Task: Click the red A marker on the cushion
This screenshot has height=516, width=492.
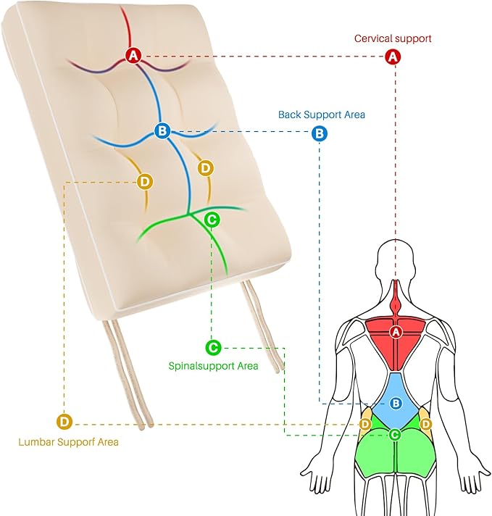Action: (x=133, y=54)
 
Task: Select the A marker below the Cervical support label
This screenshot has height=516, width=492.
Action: (x=393, y=56)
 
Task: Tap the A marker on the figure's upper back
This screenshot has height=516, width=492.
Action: (x=396, y=332)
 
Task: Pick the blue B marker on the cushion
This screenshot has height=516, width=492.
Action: (x=162, y=131)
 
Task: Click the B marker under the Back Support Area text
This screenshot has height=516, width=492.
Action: (x=319, y=133)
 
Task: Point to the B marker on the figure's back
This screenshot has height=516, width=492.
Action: (x=396, y=403)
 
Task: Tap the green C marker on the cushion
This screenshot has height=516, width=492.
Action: (x=212, y=218)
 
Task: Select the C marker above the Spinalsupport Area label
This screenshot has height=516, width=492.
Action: (x=212, y=348)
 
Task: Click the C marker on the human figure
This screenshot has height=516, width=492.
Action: (x=395, y=435)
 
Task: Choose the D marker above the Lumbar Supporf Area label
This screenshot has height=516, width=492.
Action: (x=64, y=421)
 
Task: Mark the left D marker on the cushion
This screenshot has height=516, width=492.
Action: (x=144, y=180)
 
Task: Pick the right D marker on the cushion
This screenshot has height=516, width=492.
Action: (x=206, y=169)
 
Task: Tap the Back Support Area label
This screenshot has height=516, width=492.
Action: (x=322, y=115)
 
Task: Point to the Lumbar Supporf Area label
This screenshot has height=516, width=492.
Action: (x=69, y=441)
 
